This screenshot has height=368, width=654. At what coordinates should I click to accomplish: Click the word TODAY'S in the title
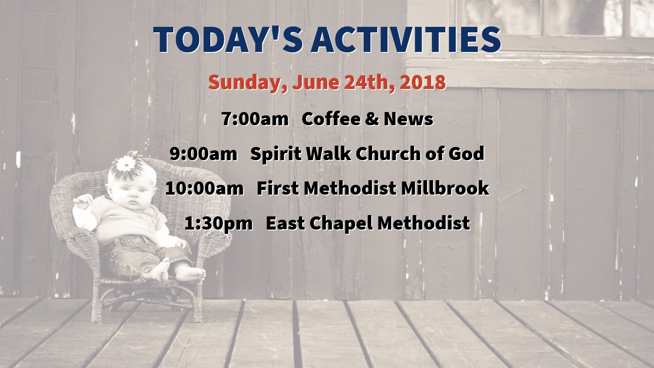point(228,40)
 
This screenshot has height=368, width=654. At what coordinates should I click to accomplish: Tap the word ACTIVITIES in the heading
point(406,40)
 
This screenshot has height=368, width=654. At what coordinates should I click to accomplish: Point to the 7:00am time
point(255,119)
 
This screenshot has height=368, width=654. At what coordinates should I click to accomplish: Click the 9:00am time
point(204,154)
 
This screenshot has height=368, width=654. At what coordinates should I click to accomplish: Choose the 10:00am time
point(204,188)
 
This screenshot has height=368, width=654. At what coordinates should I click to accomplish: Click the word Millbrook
point(445,188)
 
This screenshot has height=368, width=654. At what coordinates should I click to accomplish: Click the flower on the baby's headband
point(126,164)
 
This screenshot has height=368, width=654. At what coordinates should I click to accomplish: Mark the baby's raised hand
point(83,201)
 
